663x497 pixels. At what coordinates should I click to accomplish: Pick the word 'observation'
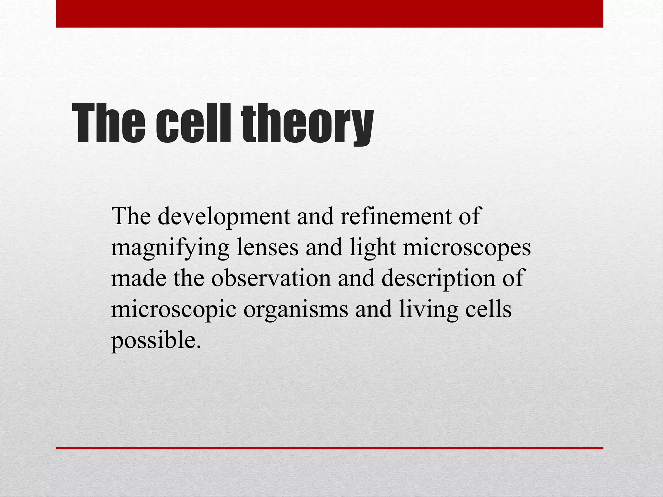tap(271, 278)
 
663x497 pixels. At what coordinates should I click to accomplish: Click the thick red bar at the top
tap(330, 14)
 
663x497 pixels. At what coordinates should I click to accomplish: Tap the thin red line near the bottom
tap(330, 448)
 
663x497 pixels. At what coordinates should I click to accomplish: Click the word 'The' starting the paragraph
tap(131, 216)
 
